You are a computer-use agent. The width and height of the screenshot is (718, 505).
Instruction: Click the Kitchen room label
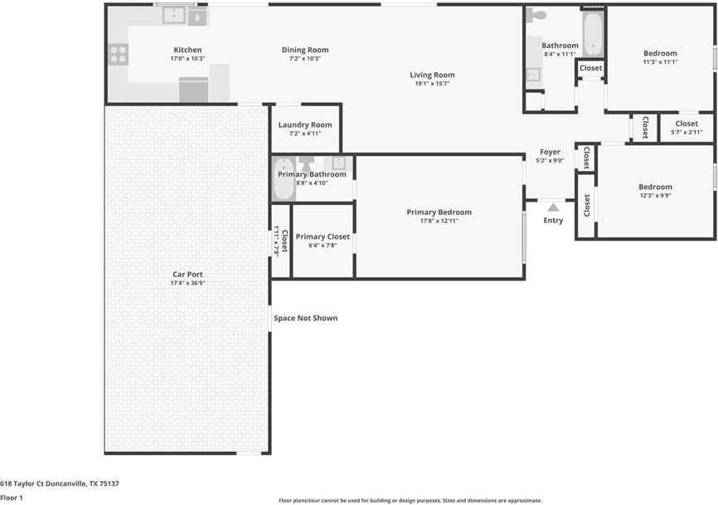pos(187,50)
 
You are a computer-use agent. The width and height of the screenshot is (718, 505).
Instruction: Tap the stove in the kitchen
pos(118,54)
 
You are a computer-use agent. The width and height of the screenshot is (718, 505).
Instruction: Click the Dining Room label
pos(305,50)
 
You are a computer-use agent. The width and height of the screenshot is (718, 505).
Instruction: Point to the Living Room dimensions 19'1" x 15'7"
pos(432,84)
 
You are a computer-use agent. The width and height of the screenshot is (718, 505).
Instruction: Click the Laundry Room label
pos(305,125)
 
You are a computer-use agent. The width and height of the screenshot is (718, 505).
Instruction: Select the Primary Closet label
pos(323,236)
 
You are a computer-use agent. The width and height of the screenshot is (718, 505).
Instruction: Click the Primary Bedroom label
pos(439,212)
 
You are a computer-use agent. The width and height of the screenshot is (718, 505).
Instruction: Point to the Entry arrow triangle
pos(553,207)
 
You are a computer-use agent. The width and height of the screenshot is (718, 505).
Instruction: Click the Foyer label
pos(551,152)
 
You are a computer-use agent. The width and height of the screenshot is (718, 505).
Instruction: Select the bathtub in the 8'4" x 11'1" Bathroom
pos(593,35)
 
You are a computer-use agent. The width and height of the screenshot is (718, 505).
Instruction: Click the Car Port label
pos(187,274)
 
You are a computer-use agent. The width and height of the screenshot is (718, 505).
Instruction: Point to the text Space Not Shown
pos(306,318)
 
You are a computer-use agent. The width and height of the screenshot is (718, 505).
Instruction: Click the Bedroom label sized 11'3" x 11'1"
pos(660,53)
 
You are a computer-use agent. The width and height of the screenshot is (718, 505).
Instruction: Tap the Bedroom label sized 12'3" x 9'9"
pos(655,187)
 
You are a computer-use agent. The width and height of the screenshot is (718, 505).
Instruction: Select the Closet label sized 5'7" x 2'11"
pos(686,124)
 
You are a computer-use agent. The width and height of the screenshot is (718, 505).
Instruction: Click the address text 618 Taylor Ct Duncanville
pos(60,483)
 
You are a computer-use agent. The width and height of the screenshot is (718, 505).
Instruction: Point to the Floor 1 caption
pos(12,498)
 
